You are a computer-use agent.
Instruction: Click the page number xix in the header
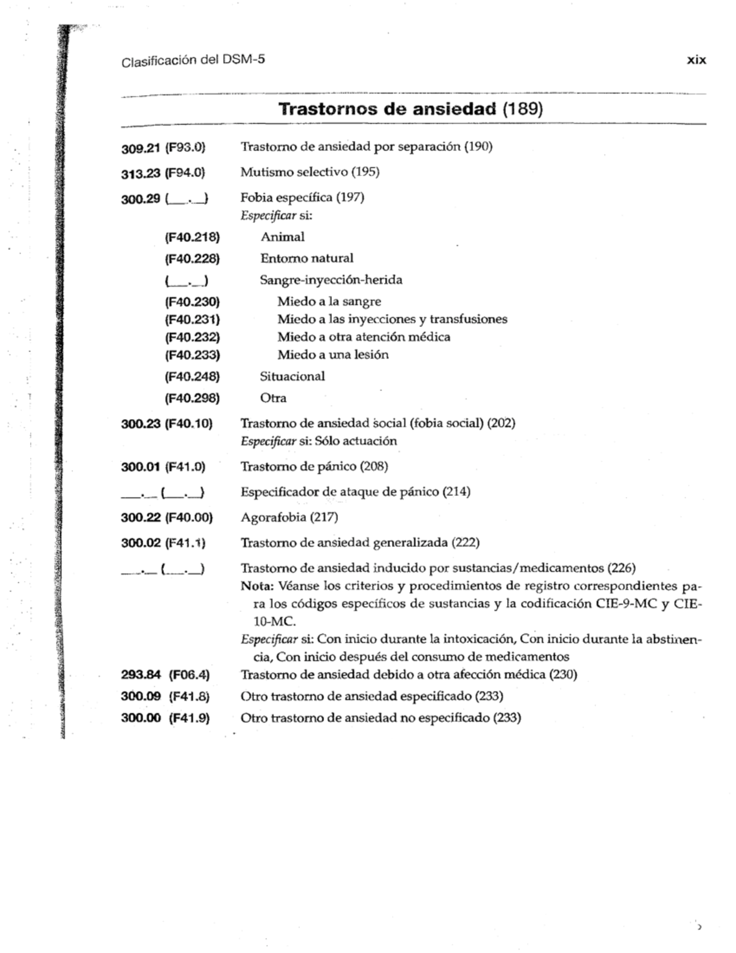point(696,60)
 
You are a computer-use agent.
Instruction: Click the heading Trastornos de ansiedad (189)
point(410,109)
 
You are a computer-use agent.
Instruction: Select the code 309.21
point(140,148)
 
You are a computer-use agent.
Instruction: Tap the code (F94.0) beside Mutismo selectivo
point(185,173)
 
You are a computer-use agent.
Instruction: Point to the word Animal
point(282,237)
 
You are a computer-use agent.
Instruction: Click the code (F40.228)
point(192,258)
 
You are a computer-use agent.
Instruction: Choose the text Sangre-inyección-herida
point(331,280)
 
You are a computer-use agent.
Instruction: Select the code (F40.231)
point(192,319)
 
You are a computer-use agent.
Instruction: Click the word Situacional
point(292,376)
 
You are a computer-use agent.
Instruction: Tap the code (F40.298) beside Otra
point(192,398)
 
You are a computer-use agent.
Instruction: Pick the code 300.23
point(140,423)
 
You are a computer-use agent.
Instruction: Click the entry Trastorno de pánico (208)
point(314,466)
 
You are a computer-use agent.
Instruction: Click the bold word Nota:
point(257,586)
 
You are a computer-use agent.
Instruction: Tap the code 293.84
point(140,675)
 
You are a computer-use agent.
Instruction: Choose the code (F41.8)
point(189,696)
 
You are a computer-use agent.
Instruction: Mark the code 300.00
point(140,718)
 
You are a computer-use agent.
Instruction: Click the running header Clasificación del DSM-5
point(193,61)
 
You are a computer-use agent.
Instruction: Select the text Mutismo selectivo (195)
point(310,172)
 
